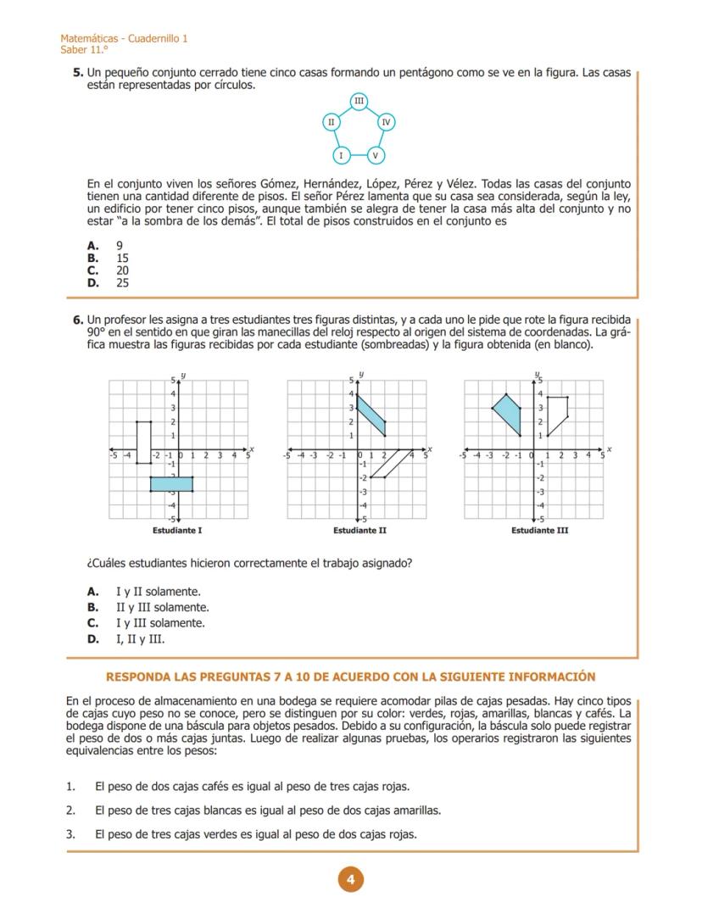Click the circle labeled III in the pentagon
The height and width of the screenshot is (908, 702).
[359, 102]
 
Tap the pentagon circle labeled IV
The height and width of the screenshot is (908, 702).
[386, 122]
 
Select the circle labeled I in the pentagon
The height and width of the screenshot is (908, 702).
[341, 155]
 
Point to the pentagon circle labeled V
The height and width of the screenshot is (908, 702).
[376, 155]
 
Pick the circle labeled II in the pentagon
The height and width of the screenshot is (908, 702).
[331, 122]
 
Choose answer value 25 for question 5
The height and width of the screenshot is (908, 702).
[123, 283]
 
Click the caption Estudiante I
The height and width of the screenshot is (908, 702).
[177, 531]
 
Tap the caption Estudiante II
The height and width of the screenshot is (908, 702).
[359, 531]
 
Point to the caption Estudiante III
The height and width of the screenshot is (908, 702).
[539, 531]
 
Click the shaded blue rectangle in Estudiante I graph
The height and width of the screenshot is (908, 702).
[171, 483]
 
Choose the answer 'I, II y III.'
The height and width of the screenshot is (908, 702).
[140, 638]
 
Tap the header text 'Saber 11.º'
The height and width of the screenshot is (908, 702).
[78, 50]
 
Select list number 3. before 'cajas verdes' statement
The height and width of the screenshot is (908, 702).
[71, 834]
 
